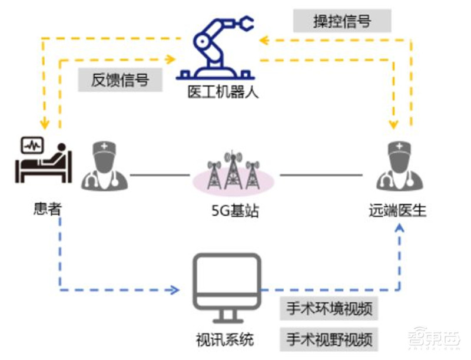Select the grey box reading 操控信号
(341, 22)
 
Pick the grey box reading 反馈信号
(120, 80)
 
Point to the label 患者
(47, 208)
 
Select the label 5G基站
(234, 209)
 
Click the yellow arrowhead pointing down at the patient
(43, 124)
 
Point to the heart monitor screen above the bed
(31, 144)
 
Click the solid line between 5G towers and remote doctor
(321, 174)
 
